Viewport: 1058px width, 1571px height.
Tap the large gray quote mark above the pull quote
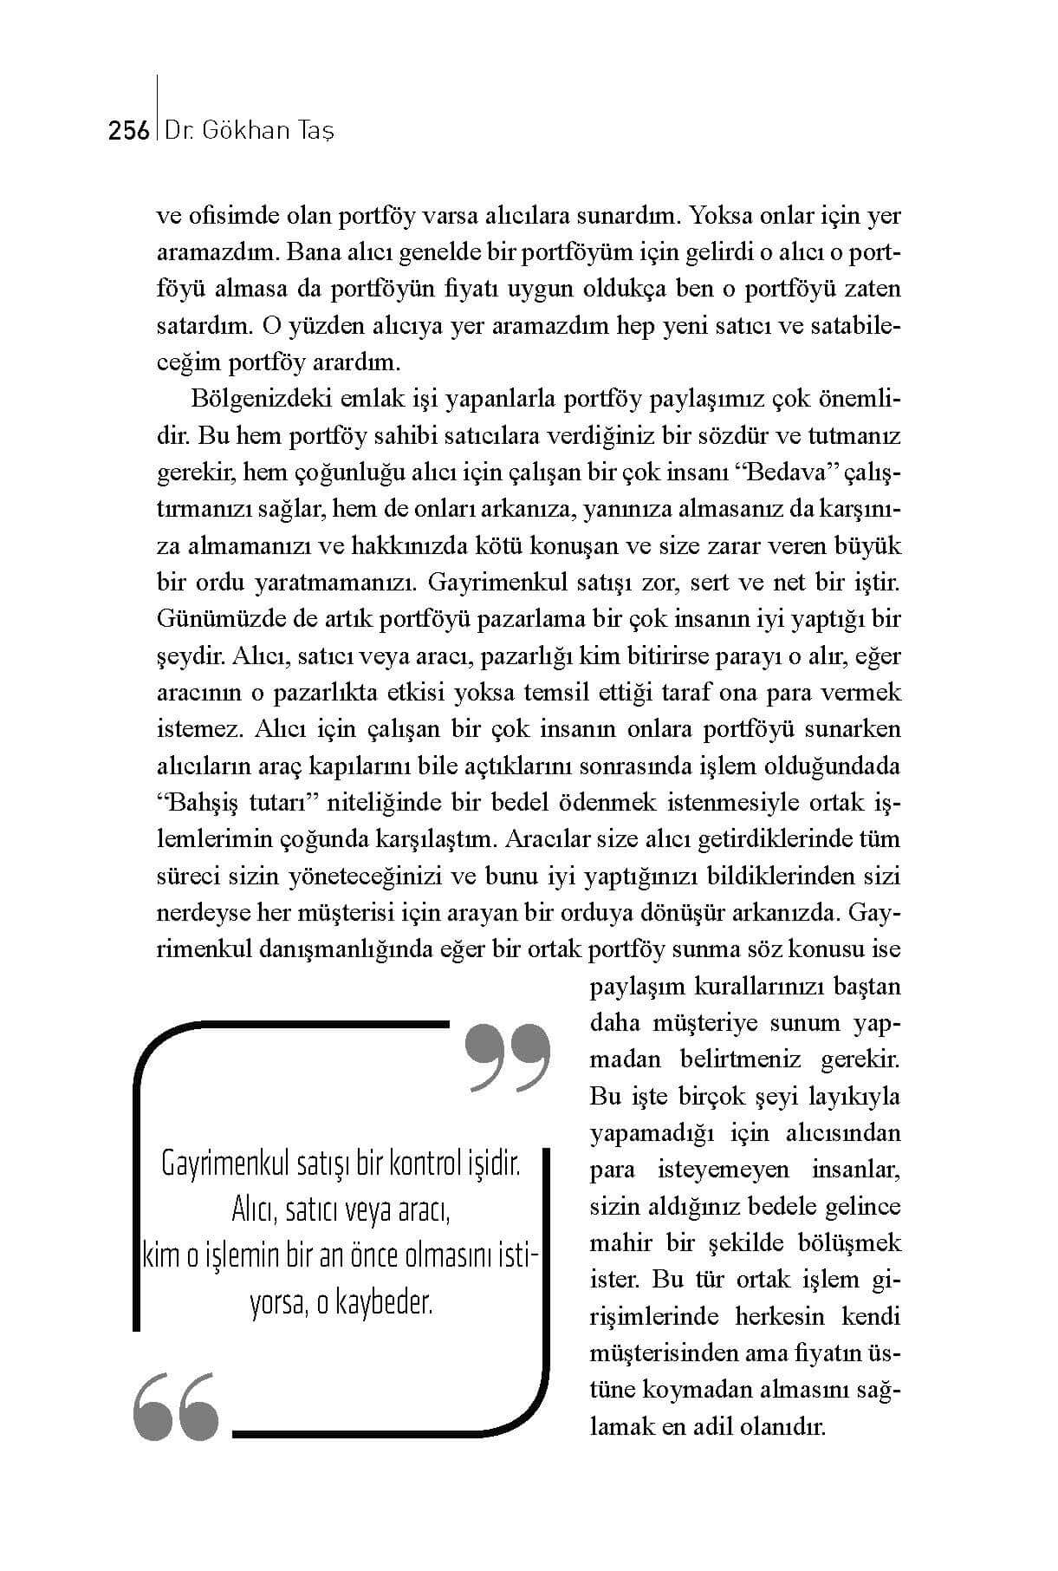pyautogui.click(x=508, y=1057)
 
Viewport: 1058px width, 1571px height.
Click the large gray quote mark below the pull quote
pyautogui.click(x=176, y=1405)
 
